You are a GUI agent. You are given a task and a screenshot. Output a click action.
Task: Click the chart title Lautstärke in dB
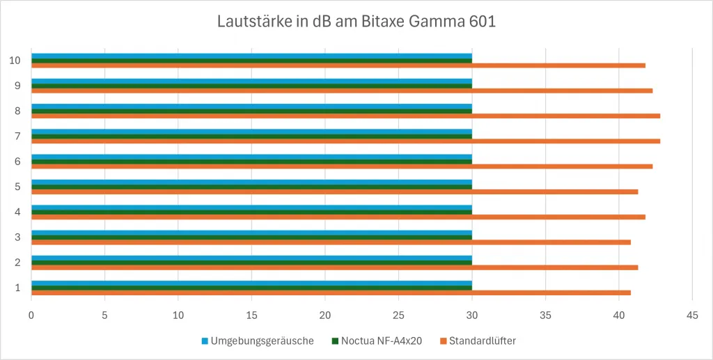point(356,22)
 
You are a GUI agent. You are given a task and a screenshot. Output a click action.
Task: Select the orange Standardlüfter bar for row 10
point(338,65)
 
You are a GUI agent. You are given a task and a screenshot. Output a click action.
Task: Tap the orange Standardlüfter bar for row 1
point(331,292)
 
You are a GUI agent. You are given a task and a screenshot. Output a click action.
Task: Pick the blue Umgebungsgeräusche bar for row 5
point(251,182)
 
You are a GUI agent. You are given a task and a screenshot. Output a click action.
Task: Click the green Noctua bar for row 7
point(251,136)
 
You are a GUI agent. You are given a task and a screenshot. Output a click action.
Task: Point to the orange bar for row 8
point(345,116)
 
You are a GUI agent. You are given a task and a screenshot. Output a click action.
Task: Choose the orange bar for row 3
point(331,242)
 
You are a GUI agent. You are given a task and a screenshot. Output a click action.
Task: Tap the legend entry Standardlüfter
point(482,341)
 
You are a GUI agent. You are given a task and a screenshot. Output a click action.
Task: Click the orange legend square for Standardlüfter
point(442,341)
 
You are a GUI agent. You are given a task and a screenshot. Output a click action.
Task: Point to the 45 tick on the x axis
point(692,315)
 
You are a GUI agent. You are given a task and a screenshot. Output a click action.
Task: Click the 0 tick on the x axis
point(31,315)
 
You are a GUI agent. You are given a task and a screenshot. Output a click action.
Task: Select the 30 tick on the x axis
point(472,315)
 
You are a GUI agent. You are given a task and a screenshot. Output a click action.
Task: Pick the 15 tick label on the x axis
point(251,315)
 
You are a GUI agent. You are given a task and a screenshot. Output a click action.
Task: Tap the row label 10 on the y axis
point(15,61)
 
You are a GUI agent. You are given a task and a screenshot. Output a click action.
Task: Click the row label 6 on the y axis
point(17,162)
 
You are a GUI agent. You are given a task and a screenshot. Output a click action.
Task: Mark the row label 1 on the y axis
point(17,288)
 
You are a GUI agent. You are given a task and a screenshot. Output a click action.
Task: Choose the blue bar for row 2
point(251,258)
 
